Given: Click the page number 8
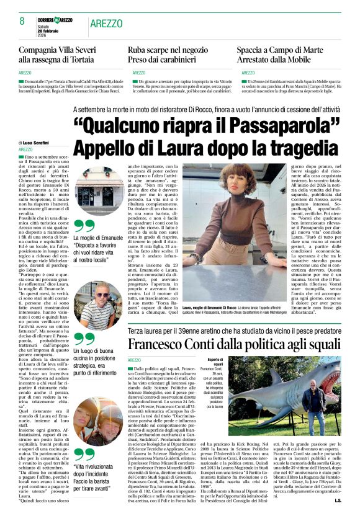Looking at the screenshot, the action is coord(22,21).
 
